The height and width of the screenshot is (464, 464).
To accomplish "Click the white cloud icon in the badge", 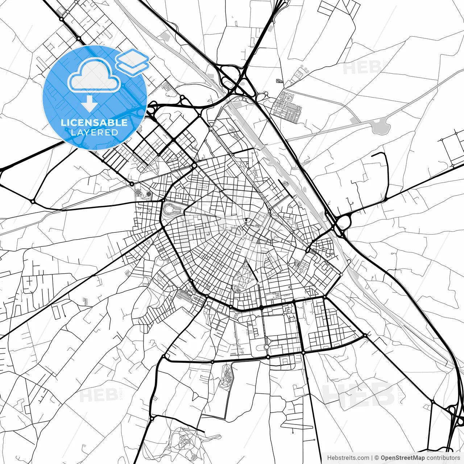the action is pos(94,75).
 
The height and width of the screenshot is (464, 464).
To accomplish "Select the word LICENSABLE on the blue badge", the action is pos(94,123).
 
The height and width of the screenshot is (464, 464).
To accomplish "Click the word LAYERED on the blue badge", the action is pos(94,133).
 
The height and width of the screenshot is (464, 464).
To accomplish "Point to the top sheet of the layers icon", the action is pos(132,56).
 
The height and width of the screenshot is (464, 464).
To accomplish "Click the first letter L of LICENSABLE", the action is pos(63,123).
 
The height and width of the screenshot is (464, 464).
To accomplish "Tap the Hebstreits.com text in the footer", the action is pos(348,458).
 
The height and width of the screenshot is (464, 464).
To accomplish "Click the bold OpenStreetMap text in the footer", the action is pos(402,458).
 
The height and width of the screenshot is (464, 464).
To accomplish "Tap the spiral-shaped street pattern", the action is pos(289,98).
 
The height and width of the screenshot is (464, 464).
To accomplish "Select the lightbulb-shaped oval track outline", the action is pos(172,209).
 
